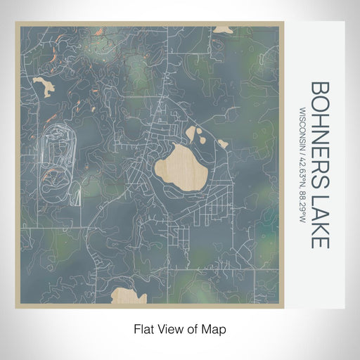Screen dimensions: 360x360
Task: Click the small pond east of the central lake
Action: point(222,144)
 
